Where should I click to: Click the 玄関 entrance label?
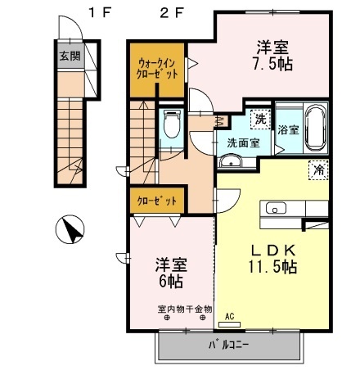pyautogui.click(x=70, y=56)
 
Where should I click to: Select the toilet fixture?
pyautogui.click(x=172, y=124)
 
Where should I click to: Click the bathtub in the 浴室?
pyautogui.click(x=316, y=129)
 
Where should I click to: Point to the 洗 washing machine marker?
pyautogui.click(x=260, y=120)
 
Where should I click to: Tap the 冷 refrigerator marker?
pyautogui.click(x=318, y=170)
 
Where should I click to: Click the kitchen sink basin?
pyautogui.click(x=276, y=209)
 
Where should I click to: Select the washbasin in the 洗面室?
pyautogui.click(x=231, y=160)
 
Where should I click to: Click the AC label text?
pyautogui.click(x=230, y=317)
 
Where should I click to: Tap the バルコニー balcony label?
pyautogui.click(x=228, y=346)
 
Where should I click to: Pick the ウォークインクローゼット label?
pyautogui.click(x=157, y=69)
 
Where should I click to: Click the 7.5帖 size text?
pyautogui.click(x=272, y=65)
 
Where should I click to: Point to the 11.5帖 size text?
pyautogui.click(x=272, y=267)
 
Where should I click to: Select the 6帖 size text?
pyautogui.click(x=171, y=281)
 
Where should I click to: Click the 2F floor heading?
pyautogui.click(x=172, y=13)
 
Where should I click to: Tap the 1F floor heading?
pyautogui.click(x=100, y=13)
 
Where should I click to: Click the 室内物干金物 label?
pyautogui.click(x=185, y=309)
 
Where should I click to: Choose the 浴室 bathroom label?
pyautogui.click(x=289, y=129)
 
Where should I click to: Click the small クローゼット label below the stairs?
pyautogui.click(x=157, y=201)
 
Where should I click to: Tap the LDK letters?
pyautogui.click(x=273, y=250)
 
